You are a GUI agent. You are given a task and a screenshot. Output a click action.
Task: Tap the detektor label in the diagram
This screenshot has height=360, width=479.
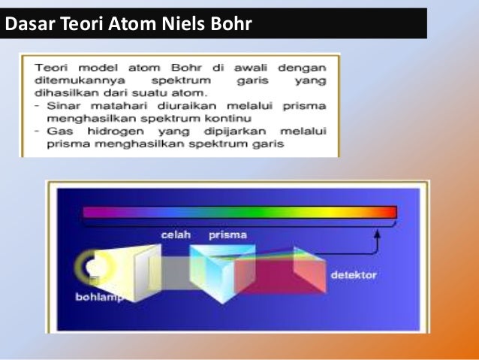354,276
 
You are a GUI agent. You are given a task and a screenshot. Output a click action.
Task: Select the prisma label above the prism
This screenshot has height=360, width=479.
228,235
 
